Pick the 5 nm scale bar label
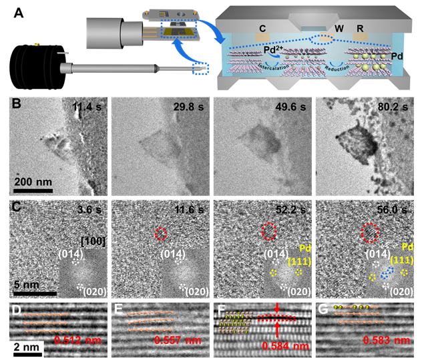click(27, 284)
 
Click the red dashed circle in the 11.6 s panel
click(160, 234)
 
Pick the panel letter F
click(220, 309)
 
